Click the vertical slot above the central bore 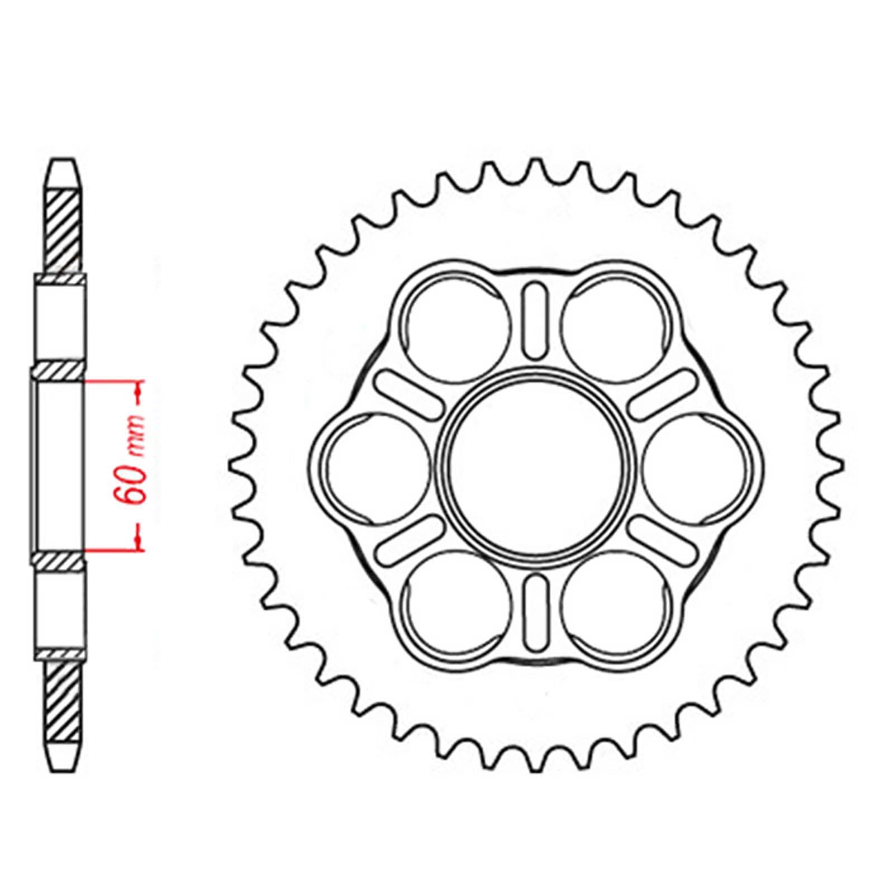click(535, 320)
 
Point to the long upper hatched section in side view click(63, 232)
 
